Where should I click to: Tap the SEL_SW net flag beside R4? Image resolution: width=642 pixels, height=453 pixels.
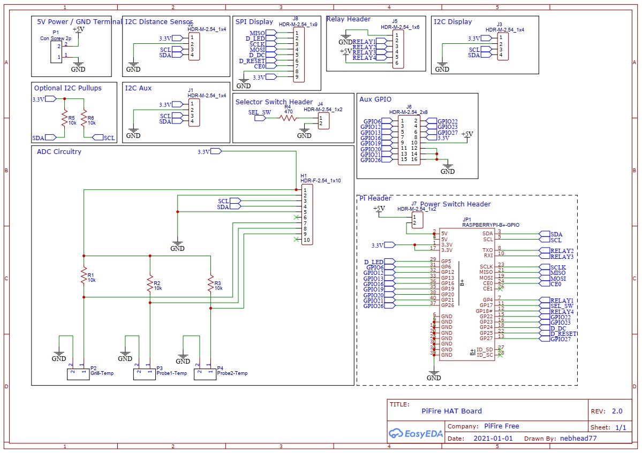pyautogui.click(x=260, y=118)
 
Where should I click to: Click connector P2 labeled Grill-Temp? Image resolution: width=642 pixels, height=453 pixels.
pyautogui.click(x=78, y=374)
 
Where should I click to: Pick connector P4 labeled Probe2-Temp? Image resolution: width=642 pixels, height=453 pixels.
pyautogui.click(x=205, y=374)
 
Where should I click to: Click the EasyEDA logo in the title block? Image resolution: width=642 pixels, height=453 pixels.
pyautogui.click(x=416, y=433)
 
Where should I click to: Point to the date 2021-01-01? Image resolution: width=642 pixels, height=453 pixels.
pyautogui.click(x=493, y=439)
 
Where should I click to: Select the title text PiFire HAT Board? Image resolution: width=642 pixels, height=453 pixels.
pyautogui.click(x=451, y=411)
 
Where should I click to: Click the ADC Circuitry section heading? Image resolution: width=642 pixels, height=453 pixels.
pyautogui.click(x=59, y=152)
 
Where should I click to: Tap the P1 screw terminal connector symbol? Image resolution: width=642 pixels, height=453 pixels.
pyautogui.click(x=56, y=51)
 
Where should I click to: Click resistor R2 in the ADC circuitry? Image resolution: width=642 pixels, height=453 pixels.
pyautogui.click(x=150, y=284)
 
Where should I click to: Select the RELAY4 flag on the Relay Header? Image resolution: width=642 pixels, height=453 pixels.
pyautogui.click(x=364, y=58)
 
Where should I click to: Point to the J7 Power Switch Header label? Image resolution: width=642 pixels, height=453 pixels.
pyautogui.click(x=455, y=204)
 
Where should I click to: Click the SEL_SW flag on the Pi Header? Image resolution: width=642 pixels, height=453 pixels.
pyautogui.click(x=561, y=306)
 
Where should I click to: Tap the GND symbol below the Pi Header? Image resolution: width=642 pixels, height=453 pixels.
pyautogui.click(x=434, y=376)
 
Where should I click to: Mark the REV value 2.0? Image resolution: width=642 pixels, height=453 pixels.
pyautogui.click(x=617, y=411)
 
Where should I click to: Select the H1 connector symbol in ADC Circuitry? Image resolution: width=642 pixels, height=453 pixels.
pyautogui.click(x=307, y=214)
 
